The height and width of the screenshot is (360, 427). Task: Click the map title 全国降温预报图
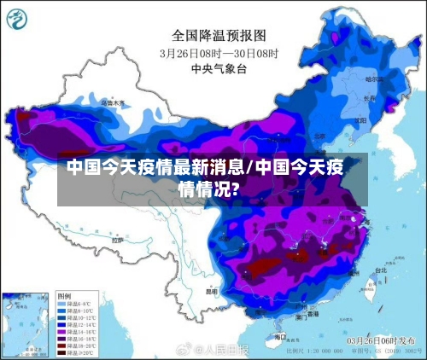point(219,35)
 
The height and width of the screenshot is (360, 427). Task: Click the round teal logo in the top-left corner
point(20,19)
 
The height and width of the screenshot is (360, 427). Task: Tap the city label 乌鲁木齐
point(113,102)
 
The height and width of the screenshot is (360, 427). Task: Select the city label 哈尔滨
point(373,78)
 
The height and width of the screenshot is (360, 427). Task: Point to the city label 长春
point(369,98)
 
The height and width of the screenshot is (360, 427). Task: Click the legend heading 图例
point(65,295)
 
